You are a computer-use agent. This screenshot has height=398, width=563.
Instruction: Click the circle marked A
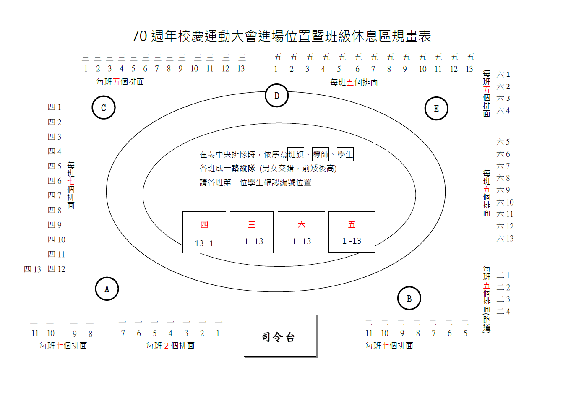coord(107,289)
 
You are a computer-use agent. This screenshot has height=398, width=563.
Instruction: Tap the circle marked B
coord(409,298)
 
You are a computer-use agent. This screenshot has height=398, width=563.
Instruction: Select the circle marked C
coord(104,108)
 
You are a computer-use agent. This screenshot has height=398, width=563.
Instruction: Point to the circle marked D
coord(276,96)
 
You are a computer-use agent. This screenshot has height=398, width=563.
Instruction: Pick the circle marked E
coord(436,109)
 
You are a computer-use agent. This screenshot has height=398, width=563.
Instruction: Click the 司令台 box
coord(280,336)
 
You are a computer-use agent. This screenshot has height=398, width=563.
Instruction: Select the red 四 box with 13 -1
coord(204,232)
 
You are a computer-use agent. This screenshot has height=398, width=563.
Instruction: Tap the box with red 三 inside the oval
coord(252,232)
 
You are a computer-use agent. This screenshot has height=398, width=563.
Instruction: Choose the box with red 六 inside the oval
coord(301,232)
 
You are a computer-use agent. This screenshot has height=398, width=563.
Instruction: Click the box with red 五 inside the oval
coord(352,232)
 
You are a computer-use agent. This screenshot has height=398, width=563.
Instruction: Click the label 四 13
coord(32,269)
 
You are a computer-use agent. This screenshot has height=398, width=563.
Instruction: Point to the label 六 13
coord(505,239)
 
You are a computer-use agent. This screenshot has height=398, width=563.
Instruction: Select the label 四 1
coord(55,107)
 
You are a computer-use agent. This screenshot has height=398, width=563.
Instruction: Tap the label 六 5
coord(503,142)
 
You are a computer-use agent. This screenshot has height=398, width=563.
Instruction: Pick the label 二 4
coord(503,311)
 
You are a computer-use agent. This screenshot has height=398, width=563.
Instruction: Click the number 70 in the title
coord(139,36)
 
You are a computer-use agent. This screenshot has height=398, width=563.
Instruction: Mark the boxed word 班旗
coord(296,154)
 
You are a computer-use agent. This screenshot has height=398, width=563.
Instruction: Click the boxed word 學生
coord(345,154)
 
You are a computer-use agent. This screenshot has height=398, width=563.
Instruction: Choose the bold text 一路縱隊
coord(239,169)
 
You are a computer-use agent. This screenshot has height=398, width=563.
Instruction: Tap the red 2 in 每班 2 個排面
coord(167,346)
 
